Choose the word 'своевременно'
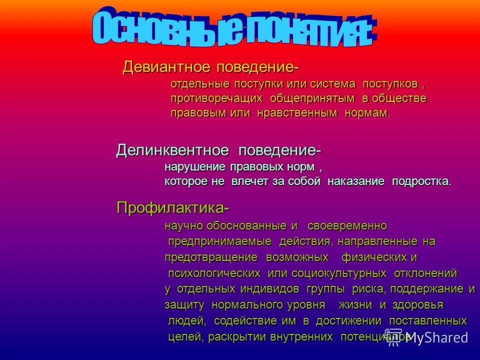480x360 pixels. [347, 226]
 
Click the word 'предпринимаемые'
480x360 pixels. [219, 242]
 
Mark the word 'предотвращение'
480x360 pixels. [211, 258]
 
